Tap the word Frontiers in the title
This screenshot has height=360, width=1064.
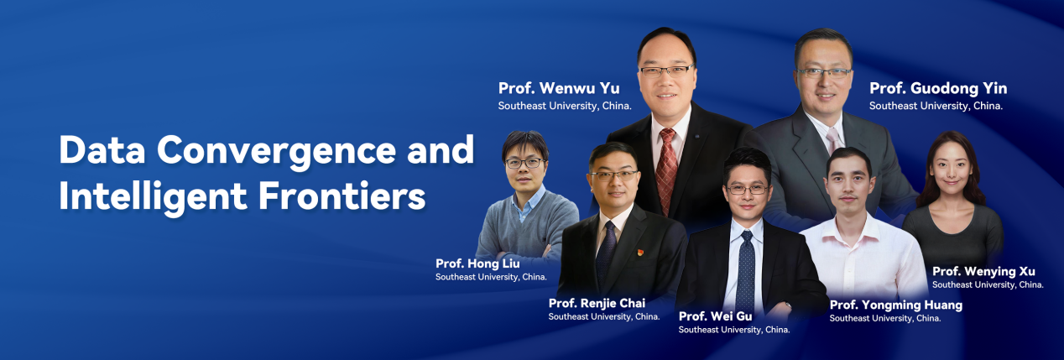pos(342,196)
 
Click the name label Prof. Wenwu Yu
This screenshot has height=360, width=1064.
pos(559,88)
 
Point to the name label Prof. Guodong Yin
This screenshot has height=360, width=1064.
pos(938,89)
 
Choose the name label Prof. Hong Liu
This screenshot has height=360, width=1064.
pos(477,263)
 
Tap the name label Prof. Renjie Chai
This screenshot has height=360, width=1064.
pos(597,303)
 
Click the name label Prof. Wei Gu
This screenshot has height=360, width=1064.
pos(716,316)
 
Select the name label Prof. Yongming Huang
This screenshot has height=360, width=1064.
pos(896,305)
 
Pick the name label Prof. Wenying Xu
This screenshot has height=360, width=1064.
pos(983,271)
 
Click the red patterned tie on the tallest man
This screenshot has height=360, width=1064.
pos(666,170)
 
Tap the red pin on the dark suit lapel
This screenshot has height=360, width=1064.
pos(640,253)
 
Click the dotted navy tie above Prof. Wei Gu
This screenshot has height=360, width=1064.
pos(746,271)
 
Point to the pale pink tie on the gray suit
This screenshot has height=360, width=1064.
pos(833,139)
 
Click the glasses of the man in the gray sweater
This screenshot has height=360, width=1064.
pos(524,163)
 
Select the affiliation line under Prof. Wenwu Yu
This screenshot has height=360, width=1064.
pos(565,106)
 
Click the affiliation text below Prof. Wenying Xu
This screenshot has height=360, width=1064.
pos(988,285)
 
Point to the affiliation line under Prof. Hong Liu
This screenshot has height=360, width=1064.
pos(491,277)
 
